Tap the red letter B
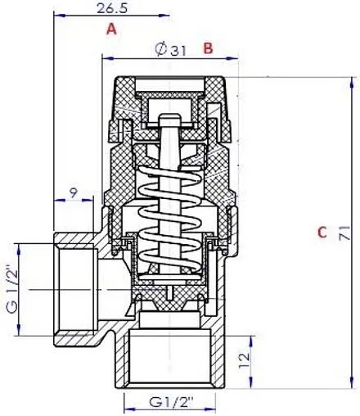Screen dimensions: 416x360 (208, 48)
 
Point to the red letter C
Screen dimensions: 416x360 (322, 233)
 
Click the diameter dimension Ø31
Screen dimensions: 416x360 (171, 49)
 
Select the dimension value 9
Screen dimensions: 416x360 (74, 193)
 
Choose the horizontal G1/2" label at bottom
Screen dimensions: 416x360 (171, 403)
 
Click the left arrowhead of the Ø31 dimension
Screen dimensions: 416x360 (105, 57)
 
